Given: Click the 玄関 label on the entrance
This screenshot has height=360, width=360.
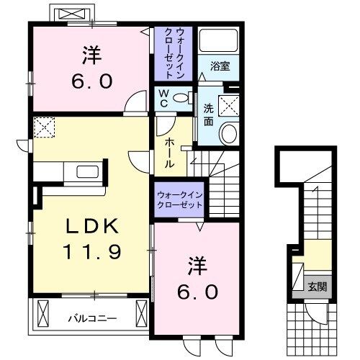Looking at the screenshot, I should [x=318, y=287].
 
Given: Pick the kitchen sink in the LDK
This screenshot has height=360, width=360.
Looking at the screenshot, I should [x=88, y=173].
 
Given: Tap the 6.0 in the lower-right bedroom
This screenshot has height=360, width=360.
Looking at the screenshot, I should [x=196, y=292].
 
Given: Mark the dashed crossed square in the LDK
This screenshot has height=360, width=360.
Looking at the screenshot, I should [x=44, y=127].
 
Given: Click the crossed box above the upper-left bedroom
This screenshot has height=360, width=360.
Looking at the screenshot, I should [x=71, y=14].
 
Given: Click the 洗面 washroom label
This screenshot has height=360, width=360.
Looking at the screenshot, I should [x=208, y=115].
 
